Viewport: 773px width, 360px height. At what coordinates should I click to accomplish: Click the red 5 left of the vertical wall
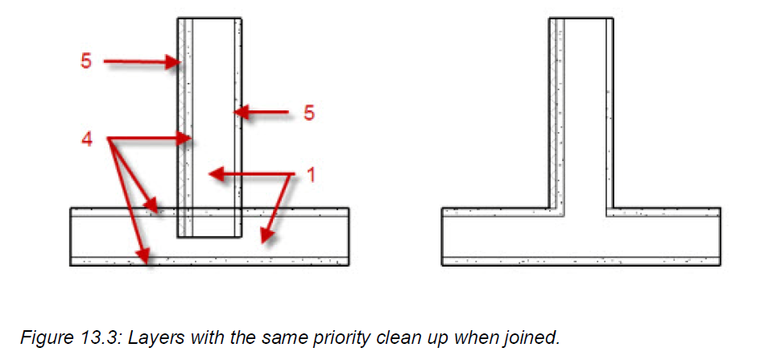86,61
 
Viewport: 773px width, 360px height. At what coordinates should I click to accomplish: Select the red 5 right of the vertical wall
308,113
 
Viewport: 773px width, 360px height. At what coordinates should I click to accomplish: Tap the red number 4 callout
87,140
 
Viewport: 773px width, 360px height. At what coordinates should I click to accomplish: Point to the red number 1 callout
308,175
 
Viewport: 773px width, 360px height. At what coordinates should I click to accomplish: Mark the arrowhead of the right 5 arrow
234,113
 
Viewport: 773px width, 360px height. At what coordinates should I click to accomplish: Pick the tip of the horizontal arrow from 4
192,139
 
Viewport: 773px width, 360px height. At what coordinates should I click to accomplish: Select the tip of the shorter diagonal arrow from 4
159,212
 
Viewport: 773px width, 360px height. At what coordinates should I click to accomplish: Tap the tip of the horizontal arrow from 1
209,174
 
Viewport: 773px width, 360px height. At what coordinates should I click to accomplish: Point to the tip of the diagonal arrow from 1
262,242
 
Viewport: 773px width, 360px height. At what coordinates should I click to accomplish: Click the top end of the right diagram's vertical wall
581,19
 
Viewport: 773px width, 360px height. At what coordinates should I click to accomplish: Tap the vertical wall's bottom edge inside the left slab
209,238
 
